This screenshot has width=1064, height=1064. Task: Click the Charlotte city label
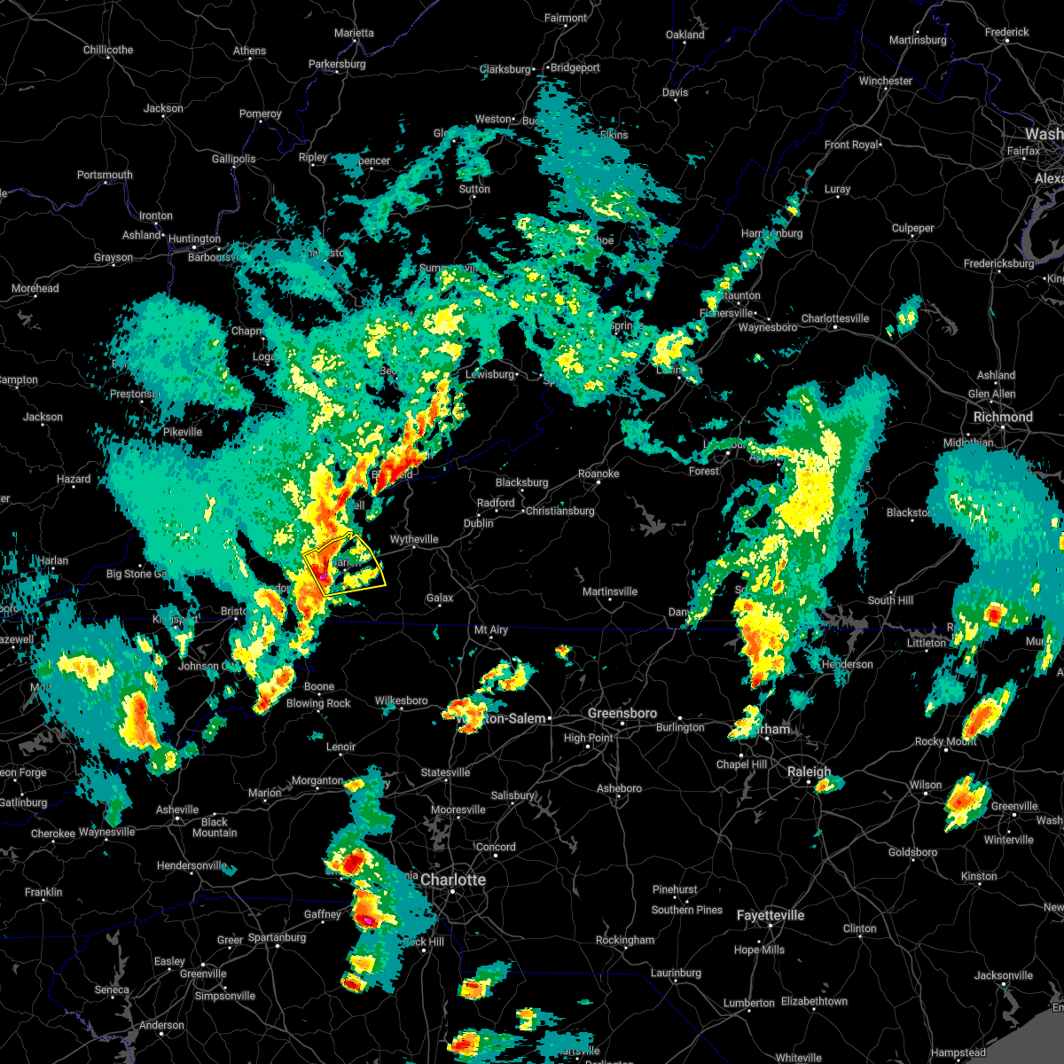click(453, 880)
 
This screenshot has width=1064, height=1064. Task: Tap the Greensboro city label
click(622, 714)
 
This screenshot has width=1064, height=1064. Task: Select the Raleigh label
click(810, 772)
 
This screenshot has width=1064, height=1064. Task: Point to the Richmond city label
click(1003, 417)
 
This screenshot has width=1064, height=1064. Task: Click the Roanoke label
click(598, 473)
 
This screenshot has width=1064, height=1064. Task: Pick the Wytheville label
click(414, 539)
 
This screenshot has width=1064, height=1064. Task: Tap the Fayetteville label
click(771, 915)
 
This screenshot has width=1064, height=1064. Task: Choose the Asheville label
click(177, 810)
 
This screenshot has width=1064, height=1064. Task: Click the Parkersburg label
click(337, 64)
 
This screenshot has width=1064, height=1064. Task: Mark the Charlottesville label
click(835, 318)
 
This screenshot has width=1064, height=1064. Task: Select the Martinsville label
click(610, 591)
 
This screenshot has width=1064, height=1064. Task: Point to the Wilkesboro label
click(402, 700)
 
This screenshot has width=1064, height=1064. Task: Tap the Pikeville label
click(183, 432)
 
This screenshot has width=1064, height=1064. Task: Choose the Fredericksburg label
click(998, 263)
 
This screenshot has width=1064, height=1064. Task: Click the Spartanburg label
click(277, 937)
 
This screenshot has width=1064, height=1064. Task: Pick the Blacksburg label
click(522, 482)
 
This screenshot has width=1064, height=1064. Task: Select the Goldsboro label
click(912, 852)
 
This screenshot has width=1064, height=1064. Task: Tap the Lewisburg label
click(490, 374)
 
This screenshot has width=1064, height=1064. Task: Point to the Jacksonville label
click(1004, 975)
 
